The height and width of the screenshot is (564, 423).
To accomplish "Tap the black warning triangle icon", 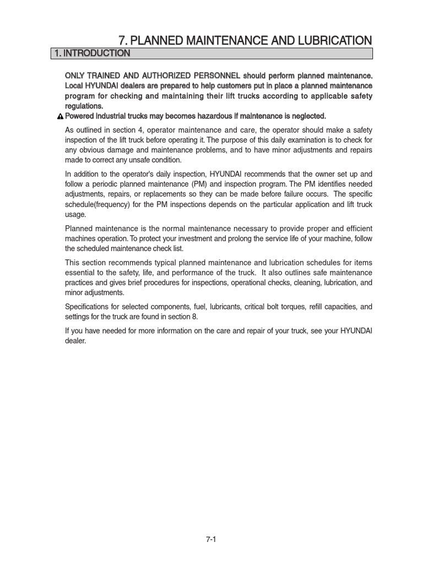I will [61, 116].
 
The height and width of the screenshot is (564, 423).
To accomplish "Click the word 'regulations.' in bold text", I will [84, 106].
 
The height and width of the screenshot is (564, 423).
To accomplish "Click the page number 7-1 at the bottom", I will [211, 540].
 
